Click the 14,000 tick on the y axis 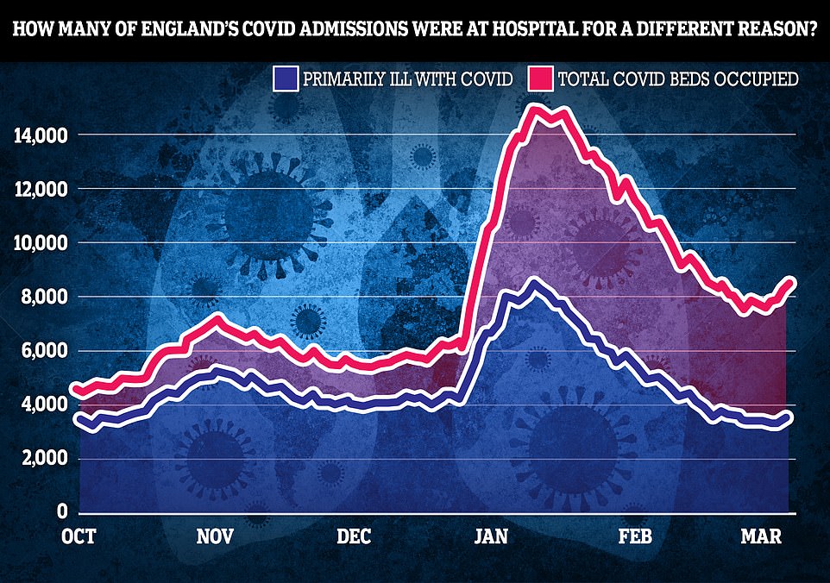[39, 135]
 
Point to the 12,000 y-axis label [39, 189]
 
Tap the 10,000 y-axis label [39, 243]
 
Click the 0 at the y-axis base [63, 512]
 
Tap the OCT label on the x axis [79, 536]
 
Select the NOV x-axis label [216, 536]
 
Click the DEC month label [354, 536]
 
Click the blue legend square [285, 79]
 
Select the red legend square [544, 79]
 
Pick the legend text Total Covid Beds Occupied [678, 80]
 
